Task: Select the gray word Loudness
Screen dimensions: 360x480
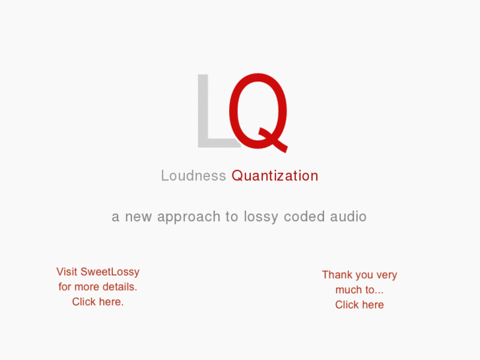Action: [193, 176]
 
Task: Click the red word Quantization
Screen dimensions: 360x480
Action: [275, 176]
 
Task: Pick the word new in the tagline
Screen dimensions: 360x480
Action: [139, 217]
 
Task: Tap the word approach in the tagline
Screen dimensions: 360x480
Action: [189, 217]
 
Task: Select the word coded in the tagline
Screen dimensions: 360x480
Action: [304, 217]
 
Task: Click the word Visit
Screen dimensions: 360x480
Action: [67, 271]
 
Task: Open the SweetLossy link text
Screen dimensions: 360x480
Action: [110, 271]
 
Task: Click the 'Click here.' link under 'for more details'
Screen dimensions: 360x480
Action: [98, 302]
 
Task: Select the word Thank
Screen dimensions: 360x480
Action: [337, 275]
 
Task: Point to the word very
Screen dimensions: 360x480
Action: [387, 275]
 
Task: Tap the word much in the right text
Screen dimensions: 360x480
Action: [349, 290]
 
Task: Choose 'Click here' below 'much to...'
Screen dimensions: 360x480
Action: [359, 305]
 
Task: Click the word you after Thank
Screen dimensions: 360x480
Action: [364, 275]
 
